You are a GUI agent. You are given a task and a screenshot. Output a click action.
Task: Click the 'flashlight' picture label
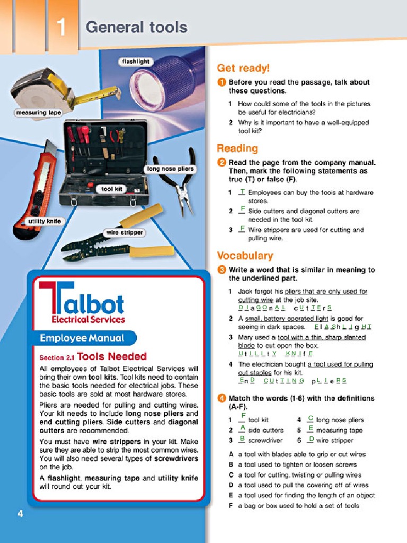136,62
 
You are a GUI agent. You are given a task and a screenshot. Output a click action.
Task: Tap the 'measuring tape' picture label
38,112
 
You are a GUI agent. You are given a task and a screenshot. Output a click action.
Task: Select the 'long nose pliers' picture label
170,169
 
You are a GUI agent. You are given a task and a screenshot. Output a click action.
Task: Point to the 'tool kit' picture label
112,189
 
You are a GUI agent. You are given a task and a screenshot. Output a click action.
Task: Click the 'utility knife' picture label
45,221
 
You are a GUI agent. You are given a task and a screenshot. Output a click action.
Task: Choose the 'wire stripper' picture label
125,232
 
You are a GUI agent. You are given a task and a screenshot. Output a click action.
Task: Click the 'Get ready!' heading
243,68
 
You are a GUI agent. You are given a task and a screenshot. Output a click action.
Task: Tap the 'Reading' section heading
237,148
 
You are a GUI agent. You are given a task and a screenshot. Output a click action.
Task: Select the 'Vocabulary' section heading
245,256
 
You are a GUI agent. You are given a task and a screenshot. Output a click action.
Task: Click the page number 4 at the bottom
20,513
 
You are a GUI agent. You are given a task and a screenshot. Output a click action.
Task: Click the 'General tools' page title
136,27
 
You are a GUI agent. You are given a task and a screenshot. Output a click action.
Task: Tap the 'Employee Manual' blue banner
82,338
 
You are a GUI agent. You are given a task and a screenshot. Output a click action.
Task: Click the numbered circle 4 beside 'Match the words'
222,398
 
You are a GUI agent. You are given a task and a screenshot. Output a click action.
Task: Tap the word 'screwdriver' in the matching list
265,440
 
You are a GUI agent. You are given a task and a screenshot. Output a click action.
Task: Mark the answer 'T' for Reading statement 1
242,191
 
